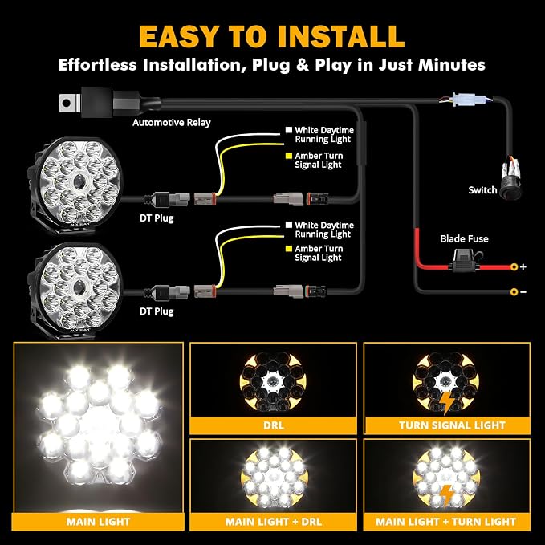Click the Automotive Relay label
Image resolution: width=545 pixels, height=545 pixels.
(172, 122)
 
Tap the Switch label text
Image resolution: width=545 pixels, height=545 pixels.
(482, 190)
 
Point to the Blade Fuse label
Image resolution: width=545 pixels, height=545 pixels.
(464, 238)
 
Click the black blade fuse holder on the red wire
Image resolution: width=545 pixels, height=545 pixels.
(465, 262)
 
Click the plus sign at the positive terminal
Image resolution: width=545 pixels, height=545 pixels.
(523, 266)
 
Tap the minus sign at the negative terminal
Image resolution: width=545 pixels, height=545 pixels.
(523, 291)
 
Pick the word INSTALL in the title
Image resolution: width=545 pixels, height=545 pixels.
(340, 36)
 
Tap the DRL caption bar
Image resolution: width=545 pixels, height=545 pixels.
(273, 425)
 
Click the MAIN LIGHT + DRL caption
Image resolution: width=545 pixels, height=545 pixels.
(273, 522)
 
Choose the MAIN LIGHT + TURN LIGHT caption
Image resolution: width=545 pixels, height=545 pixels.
(447, 522)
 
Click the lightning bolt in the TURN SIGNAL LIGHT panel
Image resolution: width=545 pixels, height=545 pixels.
(446, 403)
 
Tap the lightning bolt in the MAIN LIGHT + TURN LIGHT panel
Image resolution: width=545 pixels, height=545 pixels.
(447, 496)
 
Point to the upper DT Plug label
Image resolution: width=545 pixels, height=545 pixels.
(157, 218)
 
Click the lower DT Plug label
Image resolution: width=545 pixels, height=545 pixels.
(157, 311)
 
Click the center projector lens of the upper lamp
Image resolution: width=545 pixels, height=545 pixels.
(79, 181)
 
